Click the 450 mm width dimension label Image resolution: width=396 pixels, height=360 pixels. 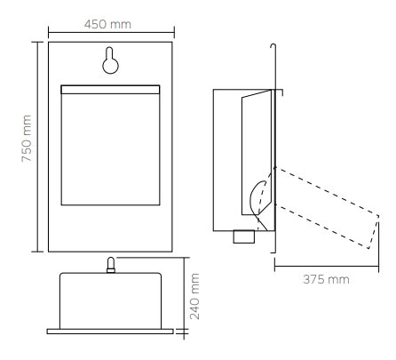pyautogui.click(x=108, y=22)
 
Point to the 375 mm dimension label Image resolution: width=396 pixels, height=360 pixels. pyautogui.click(x=321, y=278)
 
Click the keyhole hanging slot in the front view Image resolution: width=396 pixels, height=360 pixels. pyautogui.click(x=109, y=60)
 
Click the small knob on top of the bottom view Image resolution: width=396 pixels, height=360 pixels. pyautogui.click(x=110, y=264)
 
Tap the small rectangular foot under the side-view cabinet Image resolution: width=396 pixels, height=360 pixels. pyautogui.click(x=242, y=236)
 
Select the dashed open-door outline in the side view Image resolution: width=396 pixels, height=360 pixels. pyautogui.click(x=320, y=209)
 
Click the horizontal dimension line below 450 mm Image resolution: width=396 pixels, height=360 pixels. pyautogui.click(x=108, y=36)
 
